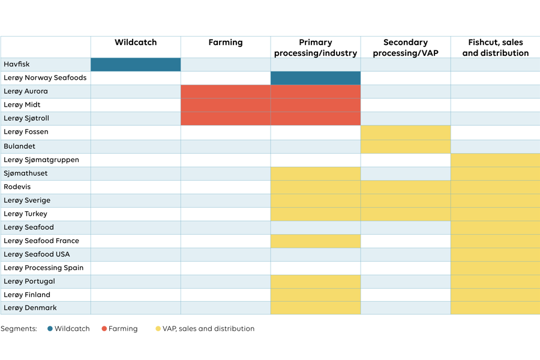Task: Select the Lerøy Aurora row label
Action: click(x=26, y=91)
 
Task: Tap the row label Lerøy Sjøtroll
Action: click(x=26, y=118)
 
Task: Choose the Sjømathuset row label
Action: click(x=26, y=173)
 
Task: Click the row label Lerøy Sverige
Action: click(x=27, y=200)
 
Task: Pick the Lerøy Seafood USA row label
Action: click(x=37, y=254)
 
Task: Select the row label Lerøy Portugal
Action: click(x=29, y=281)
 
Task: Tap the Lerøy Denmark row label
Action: click(x=30, y=308)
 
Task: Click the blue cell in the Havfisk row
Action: click(x=136, y=64)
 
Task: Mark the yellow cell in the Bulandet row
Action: click(x=406, y=146)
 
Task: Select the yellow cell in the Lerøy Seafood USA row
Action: click(x=495, y=254)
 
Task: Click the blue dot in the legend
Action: click(x=50, y=328)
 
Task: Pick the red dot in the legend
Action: click(x=104, y=328)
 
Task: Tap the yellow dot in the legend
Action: click(x=158, y=328)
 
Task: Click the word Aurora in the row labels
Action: click(x=36, y=91)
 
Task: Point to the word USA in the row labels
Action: click(x=62, y=254)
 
